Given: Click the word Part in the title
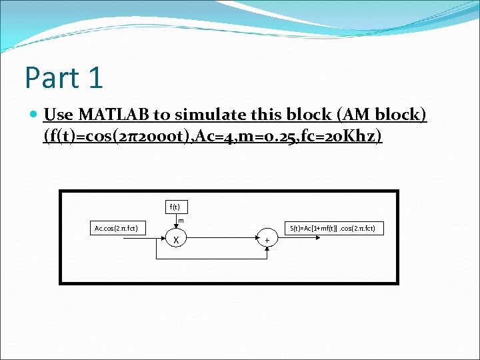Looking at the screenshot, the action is pyautogui.click(x=52, y=77).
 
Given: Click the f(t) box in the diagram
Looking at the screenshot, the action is pyautogui.click(x=175, y=206).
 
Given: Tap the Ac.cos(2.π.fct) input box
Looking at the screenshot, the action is pyautogui.click(x=116, y=228).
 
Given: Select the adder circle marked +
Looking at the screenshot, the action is pyautogui.click(x=267, y=239).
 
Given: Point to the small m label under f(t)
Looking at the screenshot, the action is pyautogui.click(x=181, y=219).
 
